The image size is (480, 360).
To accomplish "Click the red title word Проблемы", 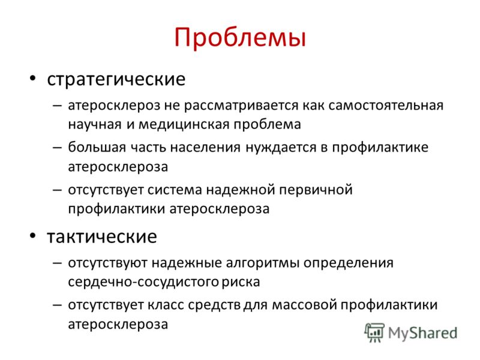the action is pos(240,38).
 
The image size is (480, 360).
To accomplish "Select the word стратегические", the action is pos(116,79).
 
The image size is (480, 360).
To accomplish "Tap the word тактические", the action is pos(102,236).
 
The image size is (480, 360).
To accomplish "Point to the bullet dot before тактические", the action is pos(33,236).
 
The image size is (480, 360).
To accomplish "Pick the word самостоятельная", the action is pos(386,106).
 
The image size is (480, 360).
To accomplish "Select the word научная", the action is pos(95,125).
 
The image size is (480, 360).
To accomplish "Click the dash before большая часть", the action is pos(57,147).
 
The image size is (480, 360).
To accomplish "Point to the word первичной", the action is pos(316,190).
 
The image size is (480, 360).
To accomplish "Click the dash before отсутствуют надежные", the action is pos(57,263).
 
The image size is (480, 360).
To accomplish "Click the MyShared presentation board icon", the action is pos(374,332).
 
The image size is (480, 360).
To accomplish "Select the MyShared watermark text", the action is pos(422,333).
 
